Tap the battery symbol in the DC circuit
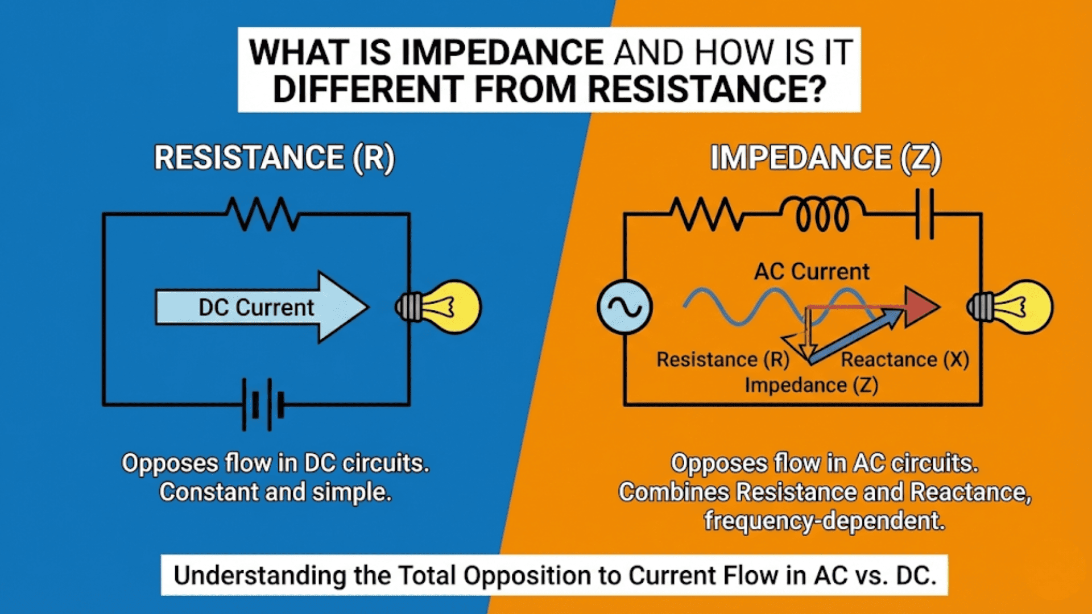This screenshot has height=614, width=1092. [263, 404]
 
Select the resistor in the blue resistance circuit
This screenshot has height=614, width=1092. [262, 214]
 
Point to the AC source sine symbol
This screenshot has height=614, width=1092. [624, 307]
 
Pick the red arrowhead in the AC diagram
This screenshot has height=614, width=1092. [920, 307]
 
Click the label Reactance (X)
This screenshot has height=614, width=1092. [904, 359]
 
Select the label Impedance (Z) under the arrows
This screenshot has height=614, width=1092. [811, 385]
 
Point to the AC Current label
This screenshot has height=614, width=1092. [812, 272]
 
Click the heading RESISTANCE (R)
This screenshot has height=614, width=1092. [274, 158]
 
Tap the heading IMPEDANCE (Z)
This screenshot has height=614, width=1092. [825, 158]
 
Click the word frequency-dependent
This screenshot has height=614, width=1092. [824, 521]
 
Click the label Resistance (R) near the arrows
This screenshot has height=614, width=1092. [722, 359]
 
